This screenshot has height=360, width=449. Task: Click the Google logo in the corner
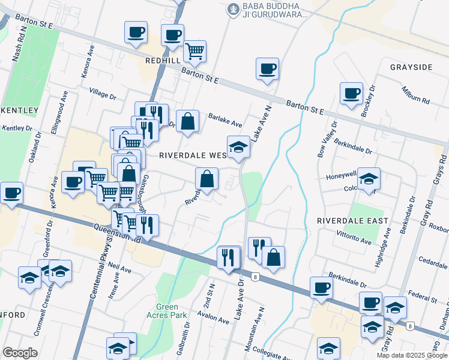coord(20,353)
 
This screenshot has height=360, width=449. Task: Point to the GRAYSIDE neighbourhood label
coord(411,67)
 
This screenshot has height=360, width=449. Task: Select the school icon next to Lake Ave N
coord(238,147)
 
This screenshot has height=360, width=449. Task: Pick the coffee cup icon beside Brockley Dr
coord(351,94)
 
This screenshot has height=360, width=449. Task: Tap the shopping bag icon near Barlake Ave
coord(187,121)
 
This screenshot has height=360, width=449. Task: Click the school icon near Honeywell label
coord(369,178)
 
